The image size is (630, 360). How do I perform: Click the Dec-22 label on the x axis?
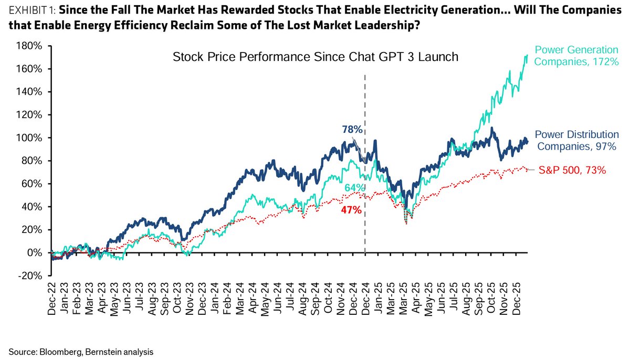(51, 297)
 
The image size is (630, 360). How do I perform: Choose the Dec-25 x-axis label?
(516, 297)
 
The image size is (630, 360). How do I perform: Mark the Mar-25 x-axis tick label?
(405, 297)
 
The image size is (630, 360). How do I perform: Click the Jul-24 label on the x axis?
(289, 297)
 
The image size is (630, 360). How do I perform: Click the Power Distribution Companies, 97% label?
(576, 141)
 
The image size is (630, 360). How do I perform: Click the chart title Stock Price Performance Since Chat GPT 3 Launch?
(316, 57)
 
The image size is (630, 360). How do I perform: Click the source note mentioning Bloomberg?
(81, 351)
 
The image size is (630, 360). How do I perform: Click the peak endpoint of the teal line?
(527, 55)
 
